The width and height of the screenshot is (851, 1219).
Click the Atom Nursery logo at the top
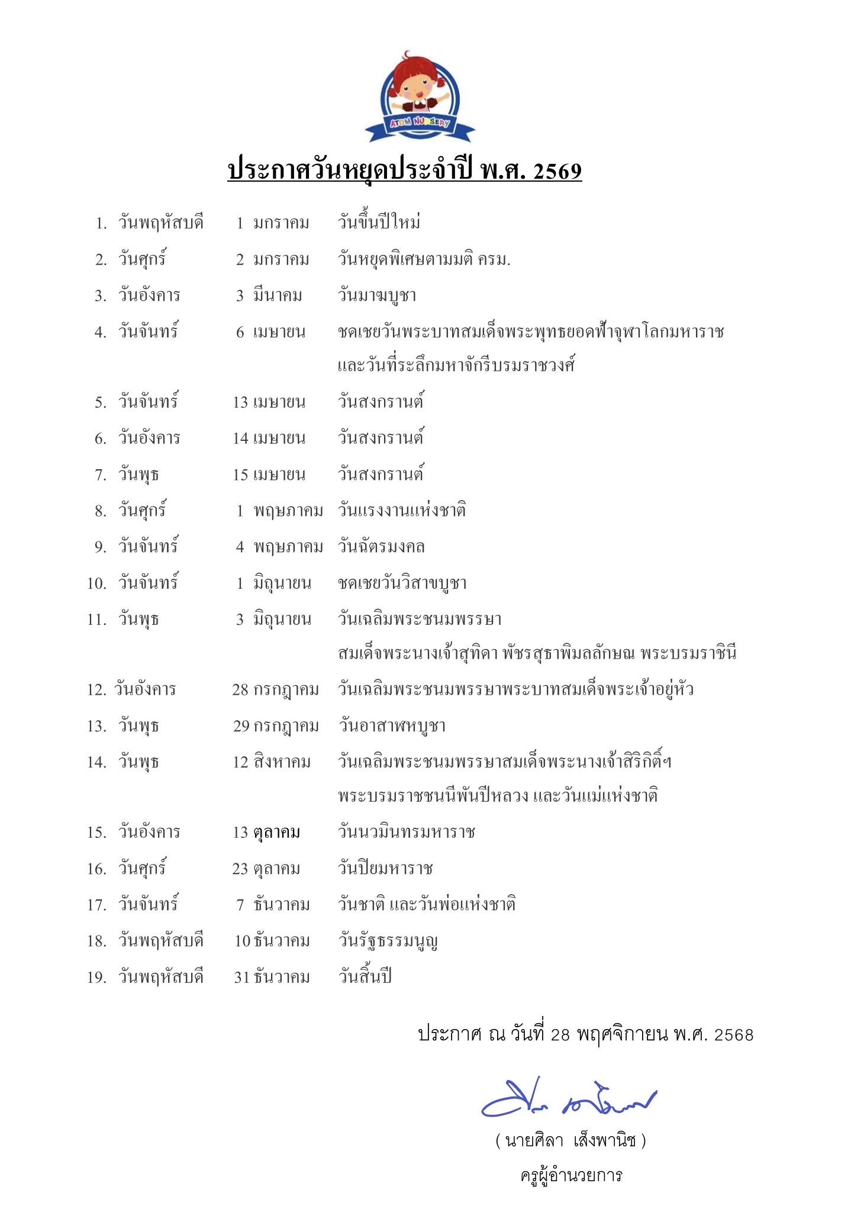(x=419, y=98)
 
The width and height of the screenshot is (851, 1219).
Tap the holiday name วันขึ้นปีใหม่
(x=379, y=223)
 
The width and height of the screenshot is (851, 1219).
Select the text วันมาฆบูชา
(x=377, y=295)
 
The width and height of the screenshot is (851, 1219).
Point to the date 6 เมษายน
(x=270, y=332)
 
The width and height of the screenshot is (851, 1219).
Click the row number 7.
(x=101, y=475)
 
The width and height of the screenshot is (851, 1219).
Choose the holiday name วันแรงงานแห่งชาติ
(x=402, y=511)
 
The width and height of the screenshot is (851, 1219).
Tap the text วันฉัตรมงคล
(x=381, y=547)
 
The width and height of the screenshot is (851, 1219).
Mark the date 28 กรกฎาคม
(x=275, y=690)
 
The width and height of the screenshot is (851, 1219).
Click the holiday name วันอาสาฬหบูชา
(x=392, y=726)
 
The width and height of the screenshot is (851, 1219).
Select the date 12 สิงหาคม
(x=272, y=762)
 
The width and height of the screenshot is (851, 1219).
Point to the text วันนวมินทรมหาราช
(x=407, y=833)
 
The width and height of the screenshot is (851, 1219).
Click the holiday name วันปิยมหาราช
(x=385, y=869)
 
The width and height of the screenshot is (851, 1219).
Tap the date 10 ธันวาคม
(x=272, y=941)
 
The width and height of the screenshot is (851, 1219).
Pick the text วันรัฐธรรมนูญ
(x=388, y=941)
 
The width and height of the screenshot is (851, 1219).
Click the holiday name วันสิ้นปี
(x=365, y=977)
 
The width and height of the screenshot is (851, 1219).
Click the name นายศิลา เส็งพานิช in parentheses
(x=570, y=1140)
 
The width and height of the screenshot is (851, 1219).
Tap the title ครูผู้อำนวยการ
(x=571, y=1175)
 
